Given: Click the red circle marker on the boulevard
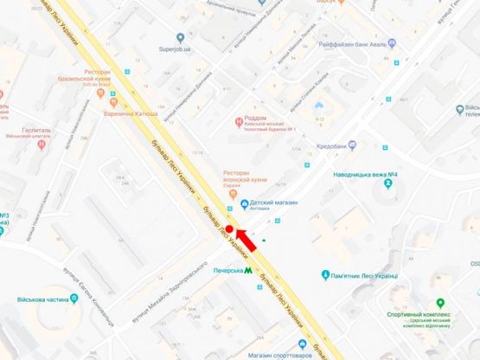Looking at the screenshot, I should tap(229, 229).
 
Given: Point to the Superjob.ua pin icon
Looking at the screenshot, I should tap(180, 37).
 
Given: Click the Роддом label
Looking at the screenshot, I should tap(255, 118).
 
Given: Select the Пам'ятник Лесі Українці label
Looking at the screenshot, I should tap(363, 276).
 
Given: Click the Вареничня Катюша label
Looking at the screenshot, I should tap(131, 113).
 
